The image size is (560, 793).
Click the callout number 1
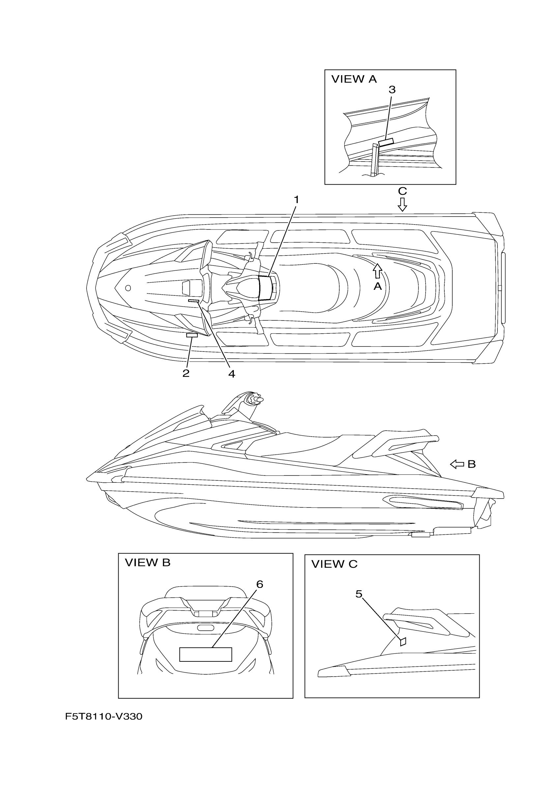(296, 200)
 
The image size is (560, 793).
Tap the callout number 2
(186, 373)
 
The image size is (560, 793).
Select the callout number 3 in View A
(392, 90)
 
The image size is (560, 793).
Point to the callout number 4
(232, 374)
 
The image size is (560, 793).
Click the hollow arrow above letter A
(378, 271)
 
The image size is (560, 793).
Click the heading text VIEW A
(354, 79)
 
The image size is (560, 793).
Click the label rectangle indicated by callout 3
(386, 142)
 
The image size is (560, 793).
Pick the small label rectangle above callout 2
(192, 335)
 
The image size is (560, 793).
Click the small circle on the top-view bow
(128, 288)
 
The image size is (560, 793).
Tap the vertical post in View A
(375, 160)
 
